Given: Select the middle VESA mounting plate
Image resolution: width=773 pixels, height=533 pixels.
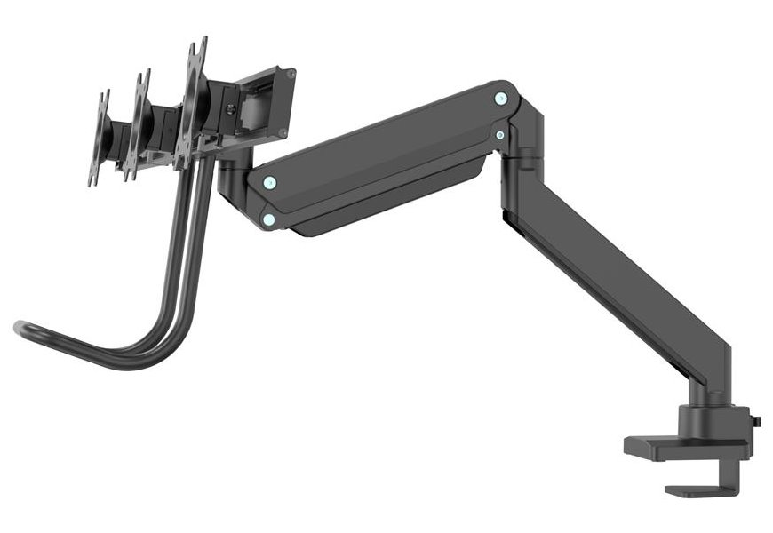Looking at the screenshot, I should click(x=139, y=125).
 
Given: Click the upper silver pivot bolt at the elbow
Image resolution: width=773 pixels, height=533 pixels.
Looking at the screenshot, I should click(x=500, y=97).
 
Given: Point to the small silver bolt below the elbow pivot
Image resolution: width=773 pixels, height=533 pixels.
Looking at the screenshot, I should click(x=500, y=135).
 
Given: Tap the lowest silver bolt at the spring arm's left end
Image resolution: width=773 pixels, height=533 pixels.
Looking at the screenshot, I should click(x=268, y=219).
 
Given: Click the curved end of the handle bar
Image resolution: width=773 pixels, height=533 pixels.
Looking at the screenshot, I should click(x=21, y=328).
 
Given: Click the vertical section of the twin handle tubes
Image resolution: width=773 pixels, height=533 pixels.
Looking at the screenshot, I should click(x=191, y=240).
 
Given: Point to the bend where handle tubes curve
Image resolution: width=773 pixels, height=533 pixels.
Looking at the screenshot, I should click(x=155, y=342).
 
